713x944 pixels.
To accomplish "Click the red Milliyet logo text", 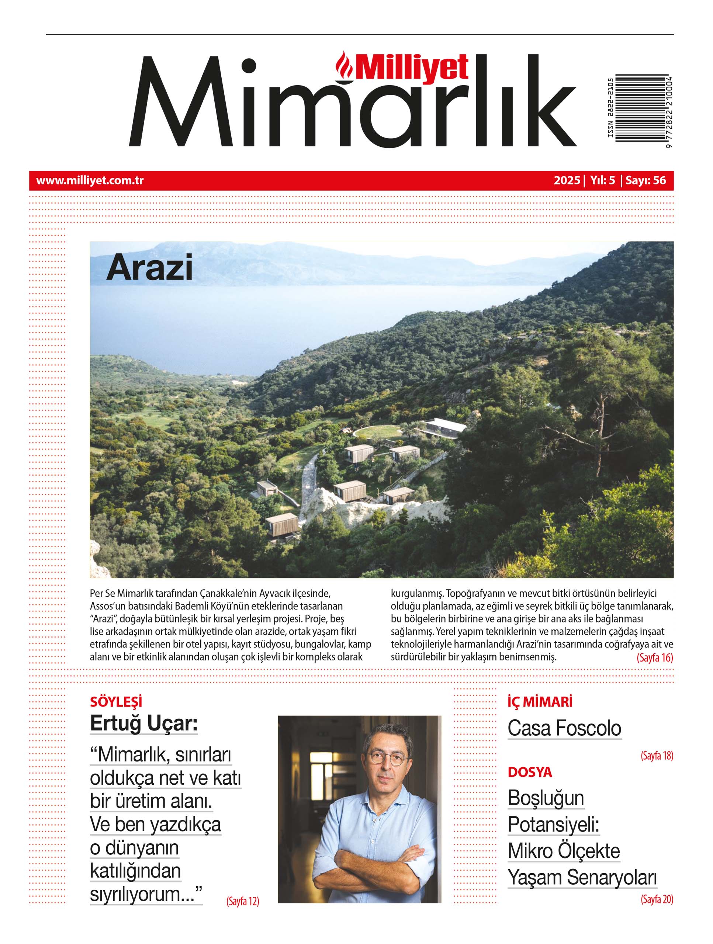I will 412,68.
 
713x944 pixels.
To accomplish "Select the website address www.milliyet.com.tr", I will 90,181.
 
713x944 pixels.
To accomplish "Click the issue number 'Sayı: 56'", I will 645,181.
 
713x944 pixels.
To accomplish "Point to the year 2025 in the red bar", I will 567,181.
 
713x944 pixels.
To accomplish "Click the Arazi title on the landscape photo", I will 149,268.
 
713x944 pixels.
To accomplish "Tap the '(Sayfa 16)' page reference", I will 654,657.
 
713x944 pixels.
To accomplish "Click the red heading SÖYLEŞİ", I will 116,702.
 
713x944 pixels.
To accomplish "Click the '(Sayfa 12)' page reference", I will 242,901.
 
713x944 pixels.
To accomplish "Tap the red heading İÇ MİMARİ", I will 540,702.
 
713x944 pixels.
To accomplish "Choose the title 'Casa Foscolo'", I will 564,729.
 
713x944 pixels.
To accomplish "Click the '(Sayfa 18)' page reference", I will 657,756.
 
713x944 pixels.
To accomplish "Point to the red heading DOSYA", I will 530,772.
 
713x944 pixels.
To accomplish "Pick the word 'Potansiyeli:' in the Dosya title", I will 553,825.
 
